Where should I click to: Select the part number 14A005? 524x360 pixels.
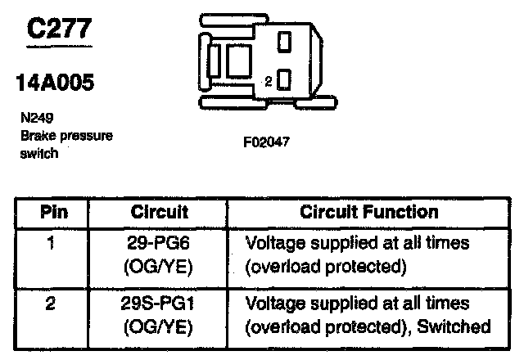pyautogui.click(x=55, y=83)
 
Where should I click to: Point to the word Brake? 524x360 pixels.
pyautogui.click(x=36, y=135)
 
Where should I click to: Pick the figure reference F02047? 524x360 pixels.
pyautogui.click(x=266, y=142)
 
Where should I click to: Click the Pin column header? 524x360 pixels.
pyautogui.click(x=54, y=212)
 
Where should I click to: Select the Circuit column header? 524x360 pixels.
pyautogui.click(x=160, y=212)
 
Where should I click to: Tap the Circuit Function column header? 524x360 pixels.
pyautogui.click(x=369, y=212)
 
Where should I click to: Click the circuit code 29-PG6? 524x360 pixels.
pyautogui.click(x=160, y=243)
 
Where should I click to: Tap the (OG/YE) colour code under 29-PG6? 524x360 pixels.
pyautogui.click(x=160, y=266)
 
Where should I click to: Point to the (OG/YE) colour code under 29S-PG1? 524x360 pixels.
pyautogui.click(x=160, y=326)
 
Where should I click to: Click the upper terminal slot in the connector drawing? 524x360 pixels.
pyautogui.click(x=284, y=41)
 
